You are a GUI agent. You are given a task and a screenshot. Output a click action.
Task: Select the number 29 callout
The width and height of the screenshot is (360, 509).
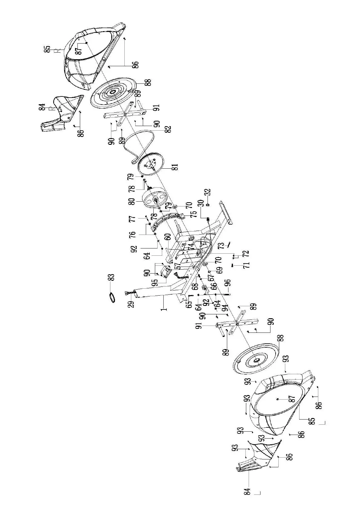pos(131,302)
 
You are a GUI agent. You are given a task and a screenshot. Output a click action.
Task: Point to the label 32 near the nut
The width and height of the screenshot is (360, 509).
pos(208,193)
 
